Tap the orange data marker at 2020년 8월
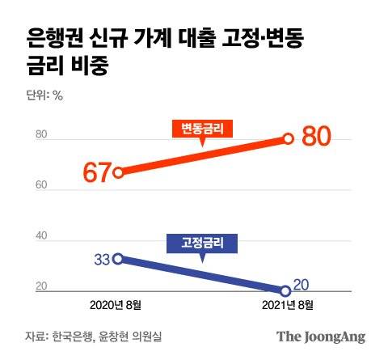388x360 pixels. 119,172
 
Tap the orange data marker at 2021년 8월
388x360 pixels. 289,138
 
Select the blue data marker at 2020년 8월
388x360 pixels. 119,258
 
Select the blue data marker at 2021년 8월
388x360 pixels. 286,290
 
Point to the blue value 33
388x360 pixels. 102,260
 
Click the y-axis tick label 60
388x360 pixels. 41,187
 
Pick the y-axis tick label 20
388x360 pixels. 41,286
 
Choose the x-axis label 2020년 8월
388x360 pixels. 118,304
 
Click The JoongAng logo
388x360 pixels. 321,337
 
